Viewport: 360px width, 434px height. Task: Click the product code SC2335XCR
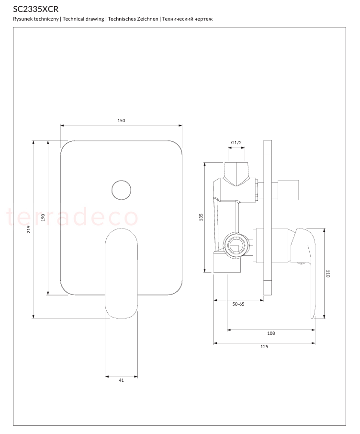[x=36, y=9]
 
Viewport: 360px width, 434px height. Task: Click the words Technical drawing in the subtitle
[x=83, y=19]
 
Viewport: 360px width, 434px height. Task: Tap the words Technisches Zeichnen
[x=133, y=19]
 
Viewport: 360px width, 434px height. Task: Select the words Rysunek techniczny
[x=36, y=19]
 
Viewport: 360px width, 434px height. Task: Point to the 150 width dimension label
[x=121, y=120]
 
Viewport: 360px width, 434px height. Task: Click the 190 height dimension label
[x=43, y=217]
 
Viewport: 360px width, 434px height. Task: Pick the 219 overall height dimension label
[x=29, y=229]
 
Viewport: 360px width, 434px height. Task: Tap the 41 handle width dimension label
[x=121, y=380]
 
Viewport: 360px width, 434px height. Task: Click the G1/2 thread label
[x=236, y=143]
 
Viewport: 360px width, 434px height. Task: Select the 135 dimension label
[x=201, y=217]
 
